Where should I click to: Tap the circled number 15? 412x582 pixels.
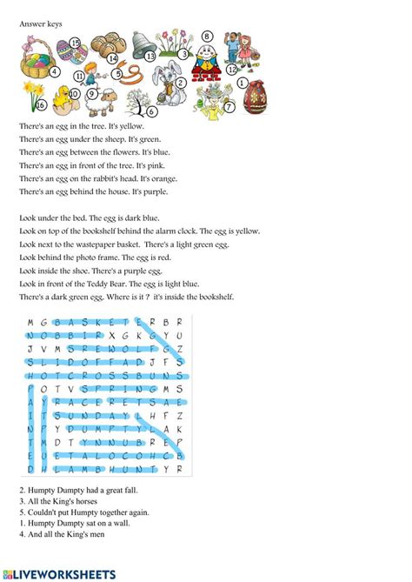point(75,42)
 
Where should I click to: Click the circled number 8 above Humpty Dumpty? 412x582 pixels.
point(207,37)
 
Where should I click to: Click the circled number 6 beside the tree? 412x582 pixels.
point(152,110)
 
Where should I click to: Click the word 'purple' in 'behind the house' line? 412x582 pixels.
point(154,191)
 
